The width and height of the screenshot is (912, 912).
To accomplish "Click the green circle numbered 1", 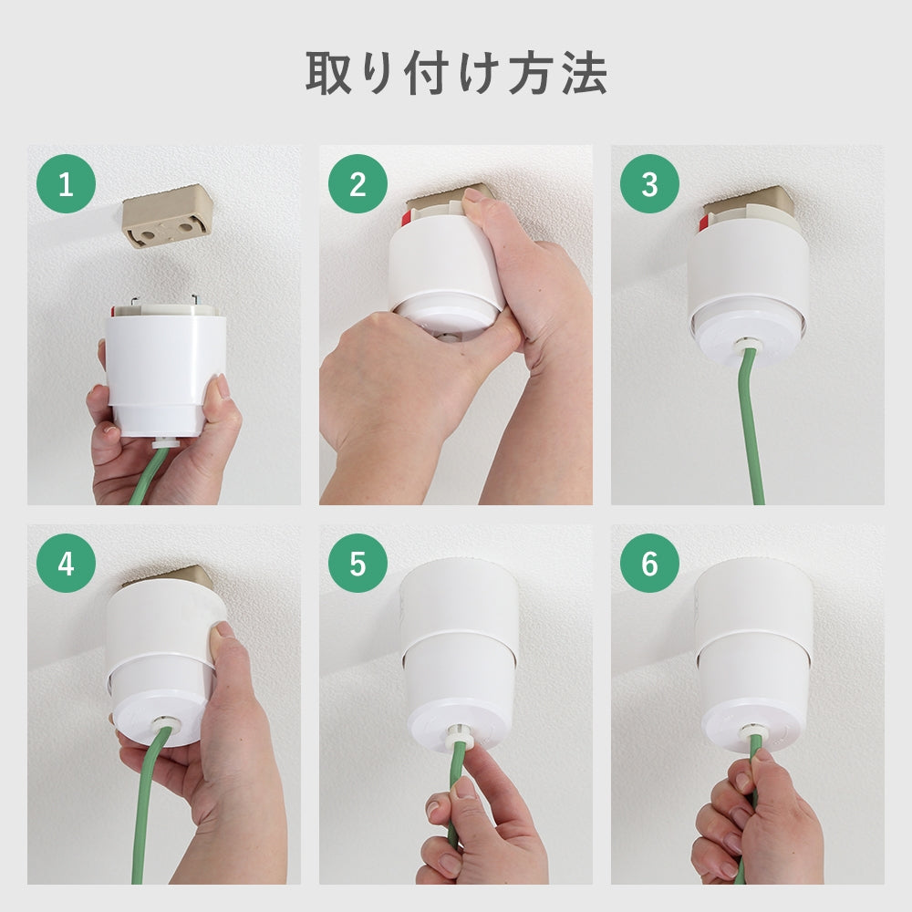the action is click(x=66, y=184).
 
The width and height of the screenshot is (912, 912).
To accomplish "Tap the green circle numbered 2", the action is click(x=358, y=184).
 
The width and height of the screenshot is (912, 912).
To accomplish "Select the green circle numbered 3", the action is click(x=649, y=184).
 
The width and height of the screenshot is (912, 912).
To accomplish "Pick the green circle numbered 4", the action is click(x=66, y=563).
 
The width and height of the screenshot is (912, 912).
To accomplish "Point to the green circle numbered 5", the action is click(x=358, y=563).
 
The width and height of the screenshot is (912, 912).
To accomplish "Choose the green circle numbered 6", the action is click(x=649, y=563).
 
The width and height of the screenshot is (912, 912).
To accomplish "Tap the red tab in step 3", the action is click(x=704, y=223).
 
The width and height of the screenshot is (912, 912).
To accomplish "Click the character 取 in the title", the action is click(x=328, y=73).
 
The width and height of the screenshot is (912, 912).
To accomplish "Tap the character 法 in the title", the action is click(x=585, y=73).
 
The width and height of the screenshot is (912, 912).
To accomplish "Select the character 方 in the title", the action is click(x=534, y=73).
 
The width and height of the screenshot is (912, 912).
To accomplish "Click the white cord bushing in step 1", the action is click(x=163, y=442).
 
